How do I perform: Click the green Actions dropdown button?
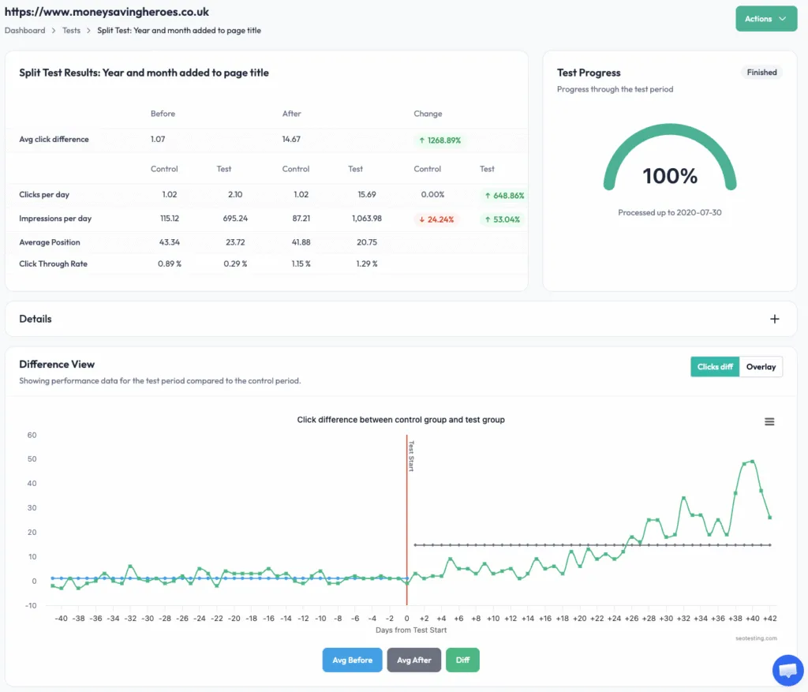765,19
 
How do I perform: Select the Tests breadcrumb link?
71,31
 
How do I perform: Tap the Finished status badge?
761,73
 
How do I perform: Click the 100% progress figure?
670,176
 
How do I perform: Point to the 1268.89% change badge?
440,140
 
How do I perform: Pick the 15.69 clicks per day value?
365,195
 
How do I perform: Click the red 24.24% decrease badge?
436,219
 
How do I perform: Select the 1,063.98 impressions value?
363,219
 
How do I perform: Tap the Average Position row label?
50,242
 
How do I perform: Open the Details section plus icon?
774,319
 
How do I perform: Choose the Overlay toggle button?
761,367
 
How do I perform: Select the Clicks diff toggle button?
715,367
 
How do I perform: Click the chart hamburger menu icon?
769,422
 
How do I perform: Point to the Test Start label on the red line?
411,456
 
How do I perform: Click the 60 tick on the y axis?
32,435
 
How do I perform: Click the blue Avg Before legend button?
352,660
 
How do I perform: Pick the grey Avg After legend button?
414,660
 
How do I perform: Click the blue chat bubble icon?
787,670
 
